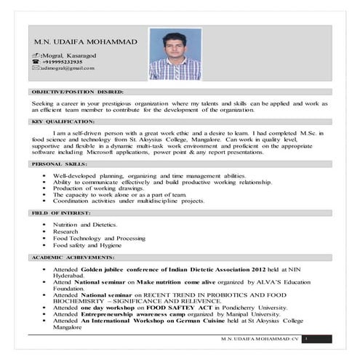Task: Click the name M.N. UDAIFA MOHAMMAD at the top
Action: click(79, 42)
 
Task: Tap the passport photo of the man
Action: click(174, 54)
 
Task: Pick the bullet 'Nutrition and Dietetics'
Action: click(84, 226)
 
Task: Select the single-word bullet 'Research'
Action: click(65, 232)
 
